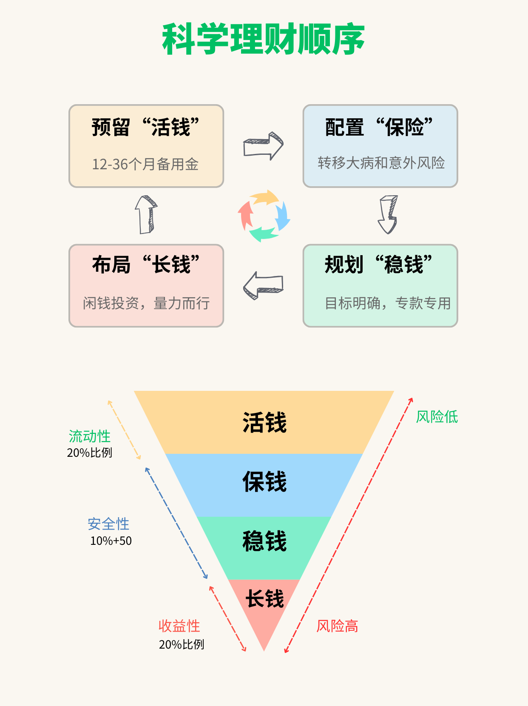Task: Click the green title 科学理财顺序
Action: pos(264,40)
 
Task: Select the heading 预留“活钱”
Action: pos(146,127)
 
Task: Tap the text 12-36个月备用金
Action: pos(145,164)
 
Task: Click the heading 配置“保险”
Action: pos(379,127)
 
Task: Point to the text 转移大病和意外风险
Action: pos(381,163)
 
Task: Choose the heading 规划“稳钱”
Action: pos(378,265)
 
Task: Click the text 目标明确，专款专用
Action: pos(387,303)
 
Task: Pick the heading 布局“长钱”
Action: pos(146,265)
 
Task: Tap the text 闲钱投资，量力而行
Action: pos(146,303)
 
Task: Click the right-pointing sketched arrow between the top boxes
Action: pos(263,146)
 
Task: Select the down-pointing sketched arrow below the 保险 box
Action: pos(388,214)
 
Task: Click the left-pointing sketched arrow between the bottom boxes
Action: pos(263,285)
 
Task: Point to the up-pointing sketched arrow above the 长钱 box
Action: pos(146,214)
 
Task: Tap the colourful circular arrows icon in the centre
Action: pos(264,216)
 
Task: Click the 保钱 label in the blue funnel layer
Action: pos(264,482)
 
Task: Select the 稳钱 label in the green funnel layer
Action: pos(264,541)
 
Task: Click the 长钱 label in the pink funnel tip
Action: pos(264,599)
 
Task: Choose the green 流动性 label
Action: pos(90,436)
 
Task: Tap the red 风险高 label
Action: pos(337,626)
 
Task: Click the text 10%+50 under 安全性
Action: pos(111,541)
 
